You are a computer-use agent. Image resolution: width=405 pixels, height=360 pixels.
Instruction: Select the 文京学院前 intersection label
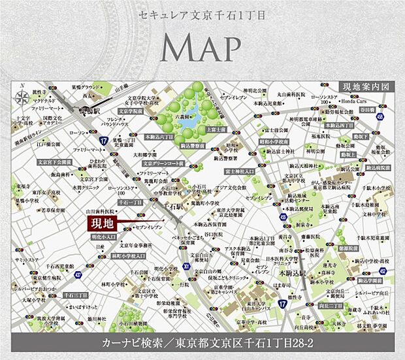tap(131, 110)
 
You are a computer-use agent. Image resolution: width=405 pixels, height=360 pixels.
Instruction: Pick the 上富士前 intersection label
tap(215, 130)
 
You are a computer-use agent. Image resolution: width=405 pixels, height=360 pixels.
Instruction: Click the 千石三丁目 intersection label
tap(76, 296)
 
